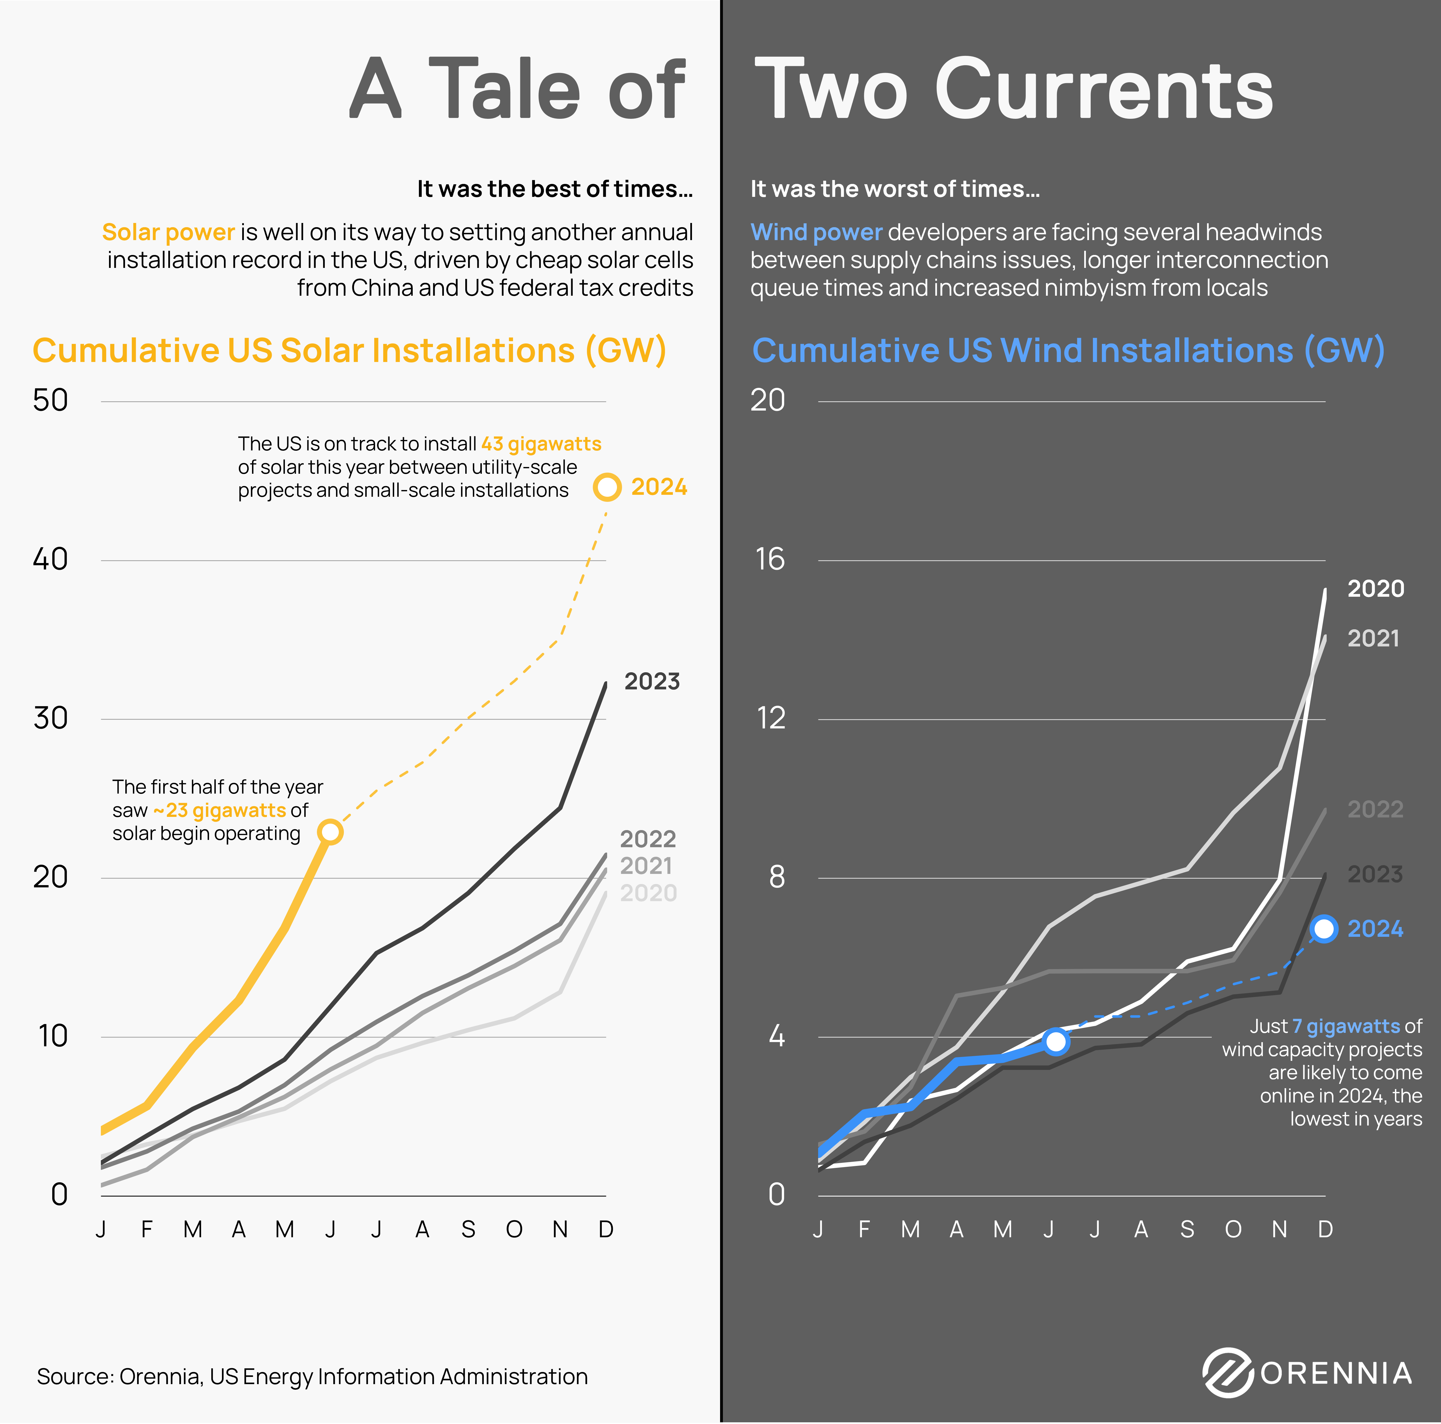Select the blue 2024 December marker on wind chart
(x=1324, y=929)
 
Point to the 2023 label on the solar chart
(x=652, y=682)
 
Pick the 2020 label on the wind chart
(x=1375, y=589)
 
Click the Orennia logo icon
(x=1227, y=1373)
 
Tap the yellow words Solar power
(x=169, y=233)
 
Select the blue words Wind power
(x=816, y=233)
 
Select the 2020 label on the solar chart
(x=648, y=893)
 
